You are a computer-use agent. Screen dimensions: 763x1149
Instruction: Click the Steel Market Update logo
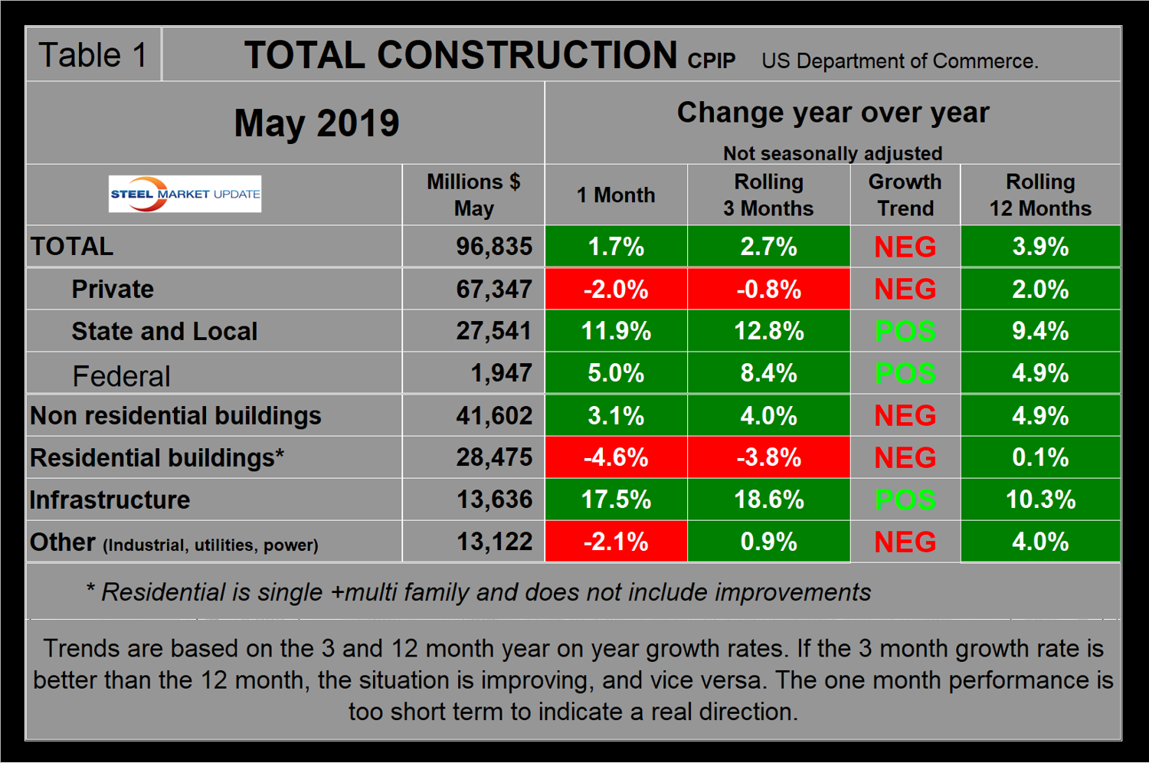(185, 194)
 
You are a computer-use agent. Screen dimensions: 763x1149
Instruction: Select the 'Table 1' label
(93, 55)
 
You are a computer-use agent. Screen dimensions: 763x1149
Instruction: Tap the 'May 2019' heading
(316, 123)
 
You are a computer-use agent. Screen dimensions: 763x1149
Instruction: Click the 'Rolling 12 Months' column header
(1039, 195)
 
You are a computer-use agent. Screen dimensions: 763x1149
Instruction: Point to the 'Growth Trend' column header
(905, 195)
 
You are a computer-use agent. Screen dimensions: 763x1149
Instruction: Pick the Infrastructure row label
(110, 499)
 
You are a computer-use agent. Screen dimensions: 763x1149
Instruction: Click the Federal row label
(121, 376)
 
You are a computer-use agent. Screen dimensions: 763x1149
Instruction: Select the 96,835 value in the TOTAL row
(494, 246)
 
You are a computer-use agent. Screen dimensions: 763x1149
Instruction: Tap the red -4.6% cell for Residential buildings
(616, 457)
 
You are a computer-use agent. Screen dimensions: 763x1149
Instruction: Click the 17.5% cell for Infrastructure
(616, 499)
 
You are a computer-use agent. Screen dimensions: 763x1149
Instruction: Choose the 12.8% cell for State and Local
(768, 331)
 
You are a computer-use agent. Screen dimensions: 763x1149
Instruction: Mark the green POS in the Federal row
(905, 373)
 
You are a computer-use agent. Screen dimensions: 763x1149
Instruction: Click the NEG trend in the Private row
(905, 289)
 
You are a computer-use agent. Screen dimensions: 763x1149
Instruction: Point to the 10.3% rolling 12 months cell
(1040, 499)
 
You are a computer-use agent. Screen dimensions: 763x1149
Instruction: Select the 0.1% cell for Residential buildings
(1040, 457)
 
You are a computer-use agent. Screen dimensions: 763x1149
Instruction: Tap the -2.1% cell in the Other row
(616, 542)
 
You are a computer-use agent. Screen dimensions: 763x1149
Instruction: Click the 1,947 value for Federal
(501, 373)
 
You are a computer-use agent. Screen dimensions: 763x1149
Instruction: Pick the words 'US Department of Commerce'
(899, 61)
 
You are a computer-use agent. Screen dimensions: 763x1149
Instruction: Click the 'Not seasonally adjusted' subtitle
(833, 153)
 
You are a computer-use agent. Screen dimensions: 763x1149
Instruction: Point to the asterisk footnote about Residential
(479, 591)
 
